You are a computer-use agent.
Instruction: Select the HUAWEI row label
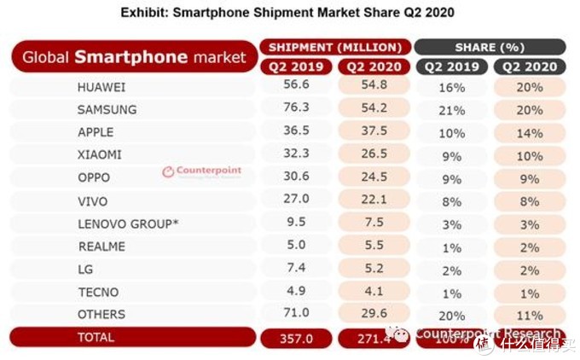101,87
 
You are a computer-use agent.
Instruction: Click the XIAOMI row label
100,155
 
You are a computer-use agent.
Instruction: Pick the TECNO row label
96,292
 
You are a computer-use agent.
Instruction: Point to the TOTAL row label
96,338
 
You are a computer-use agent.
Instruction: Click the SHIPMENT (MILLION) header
335,47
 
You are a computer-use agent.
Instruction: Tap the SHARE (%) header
490,47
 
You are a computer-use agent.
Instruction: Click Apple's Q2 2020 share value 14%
528,132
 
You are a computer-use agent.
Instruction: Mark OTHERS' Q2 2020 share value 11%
528,314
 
